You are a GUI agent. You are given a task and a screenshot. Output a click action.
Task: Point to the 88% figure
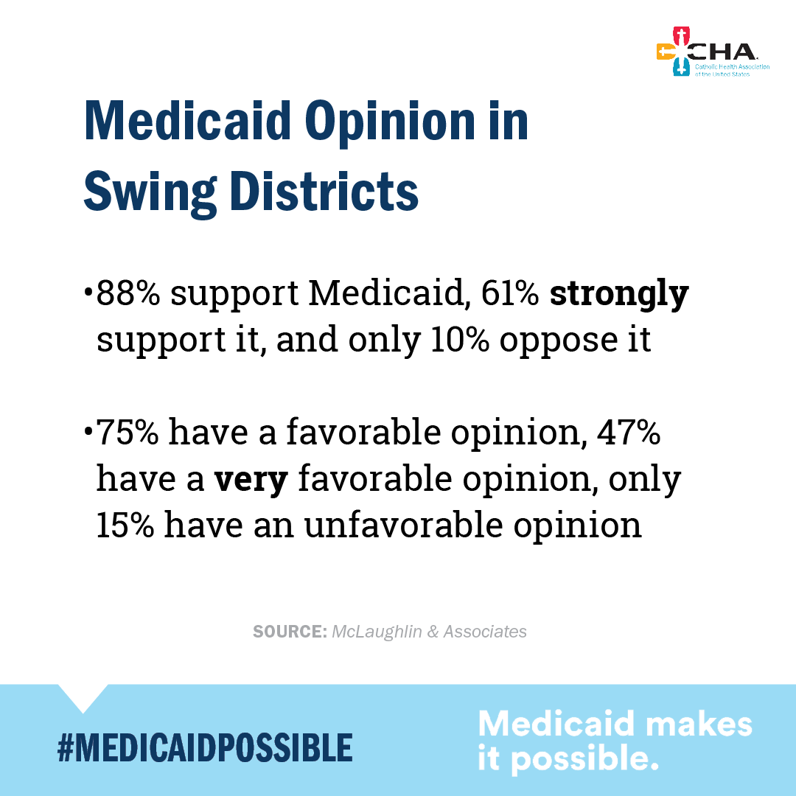[x=128, y=294]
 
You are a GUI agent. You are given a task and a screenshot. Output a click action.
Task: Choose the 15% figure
[x=126, y=526]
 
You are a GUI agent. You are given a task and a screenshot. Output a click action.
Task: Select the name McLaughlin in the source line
[x=377, y=632]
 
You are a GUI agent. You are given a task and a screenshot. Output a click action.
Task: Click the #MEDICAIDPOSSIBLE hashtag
[x=205, y=747]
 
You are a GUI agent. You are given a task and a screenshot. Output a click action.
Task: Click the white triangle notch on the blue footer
[x=83, y=695]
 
